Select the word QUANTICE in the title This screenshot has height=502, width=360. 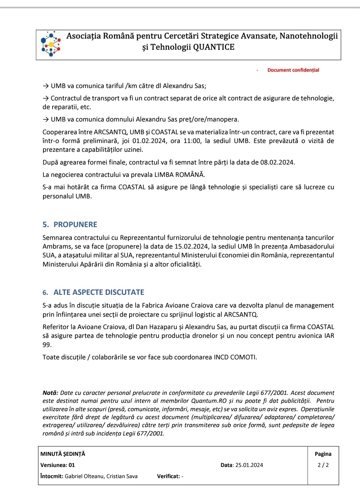point(214,47)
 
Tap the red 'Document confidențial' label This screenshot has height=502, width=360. point(293,70)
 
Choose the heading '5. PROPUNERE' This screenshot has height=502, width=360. point(70,225)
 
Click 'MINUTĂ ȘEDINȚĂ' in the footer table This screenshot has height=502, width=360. point(63,454)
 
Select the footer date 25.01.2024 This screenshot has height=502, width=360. point(249,465)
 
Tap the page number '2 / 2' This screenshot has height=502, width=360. point(323,465)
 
